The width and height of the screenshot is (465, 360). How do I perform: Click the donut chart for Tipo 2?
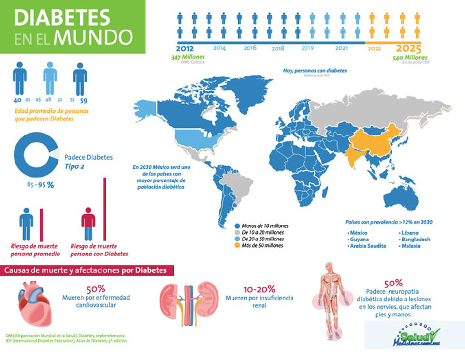pos(34,155)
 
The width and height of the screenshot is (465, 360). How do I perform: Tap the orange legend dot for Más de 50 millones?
pos(237,246)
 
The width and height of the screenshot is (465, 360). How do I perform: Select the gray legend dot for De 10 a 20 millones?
pos(237,232)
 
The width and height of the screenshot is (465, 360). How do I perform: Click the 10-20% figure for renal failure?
pos(259,289)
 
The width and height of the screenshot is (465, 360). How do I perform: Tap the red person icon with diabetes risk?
pos(88,223)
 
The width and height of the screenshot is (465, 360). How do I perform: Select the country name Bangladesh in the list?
pos(415,240)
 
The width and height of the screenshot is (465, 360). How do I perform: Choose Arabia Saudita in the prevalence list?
pos(368,246)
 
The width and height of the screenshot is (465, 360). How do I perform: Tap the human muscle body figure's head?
pos(329,267)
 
